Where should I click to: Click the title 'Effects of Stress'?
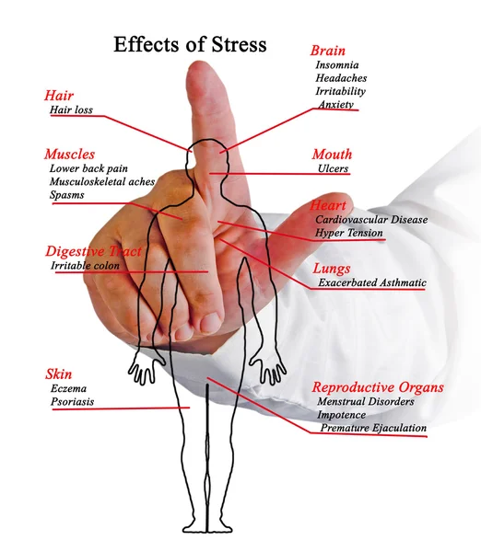pyautogui.click(x=190, y=44)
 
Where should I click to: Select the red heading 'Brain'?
pyautogui.click(x=328, y=51)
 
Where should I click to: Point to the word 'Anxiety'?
pyautogui.click(x=335, y=105)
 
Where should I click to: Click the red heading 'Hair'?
pyautogui.click(x=59, y=96)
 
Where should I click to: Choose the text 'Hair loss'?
pyautogui.click(x=71, y=109)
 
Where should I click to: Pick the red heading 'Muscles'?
pyautogui.click(x=69, y=155)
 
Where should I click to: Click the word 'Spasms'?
pyautogui.click(x=66, y=195)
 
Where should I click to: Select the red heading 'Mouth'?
pyautogui.click(x=332, y=155)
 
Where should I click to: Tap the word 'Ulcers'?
pyautogui.click(x=333, y=168)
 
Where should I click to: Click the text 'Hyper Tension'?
pyautogui.click(x=348, y=233)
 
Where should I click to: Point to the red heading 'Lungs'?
pyautogui.click(x=332, y=269)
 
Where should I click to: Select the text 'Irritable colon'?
pyautogui.click(x=85, y=266)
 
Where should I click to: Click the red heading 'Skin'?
pyautogui.click(x=59, y=374)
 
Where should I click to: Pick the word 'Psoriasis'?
pyautogui.click(x=72, y=402)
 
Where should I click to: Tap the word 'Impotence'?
pyautogui.click(x=341, y=415)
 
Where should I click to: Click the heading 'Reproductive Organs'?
pyautogui.click(x=378, y=387)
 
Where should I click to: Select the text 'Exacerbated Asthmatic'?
pyautogui.click(x=372, y=282)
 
